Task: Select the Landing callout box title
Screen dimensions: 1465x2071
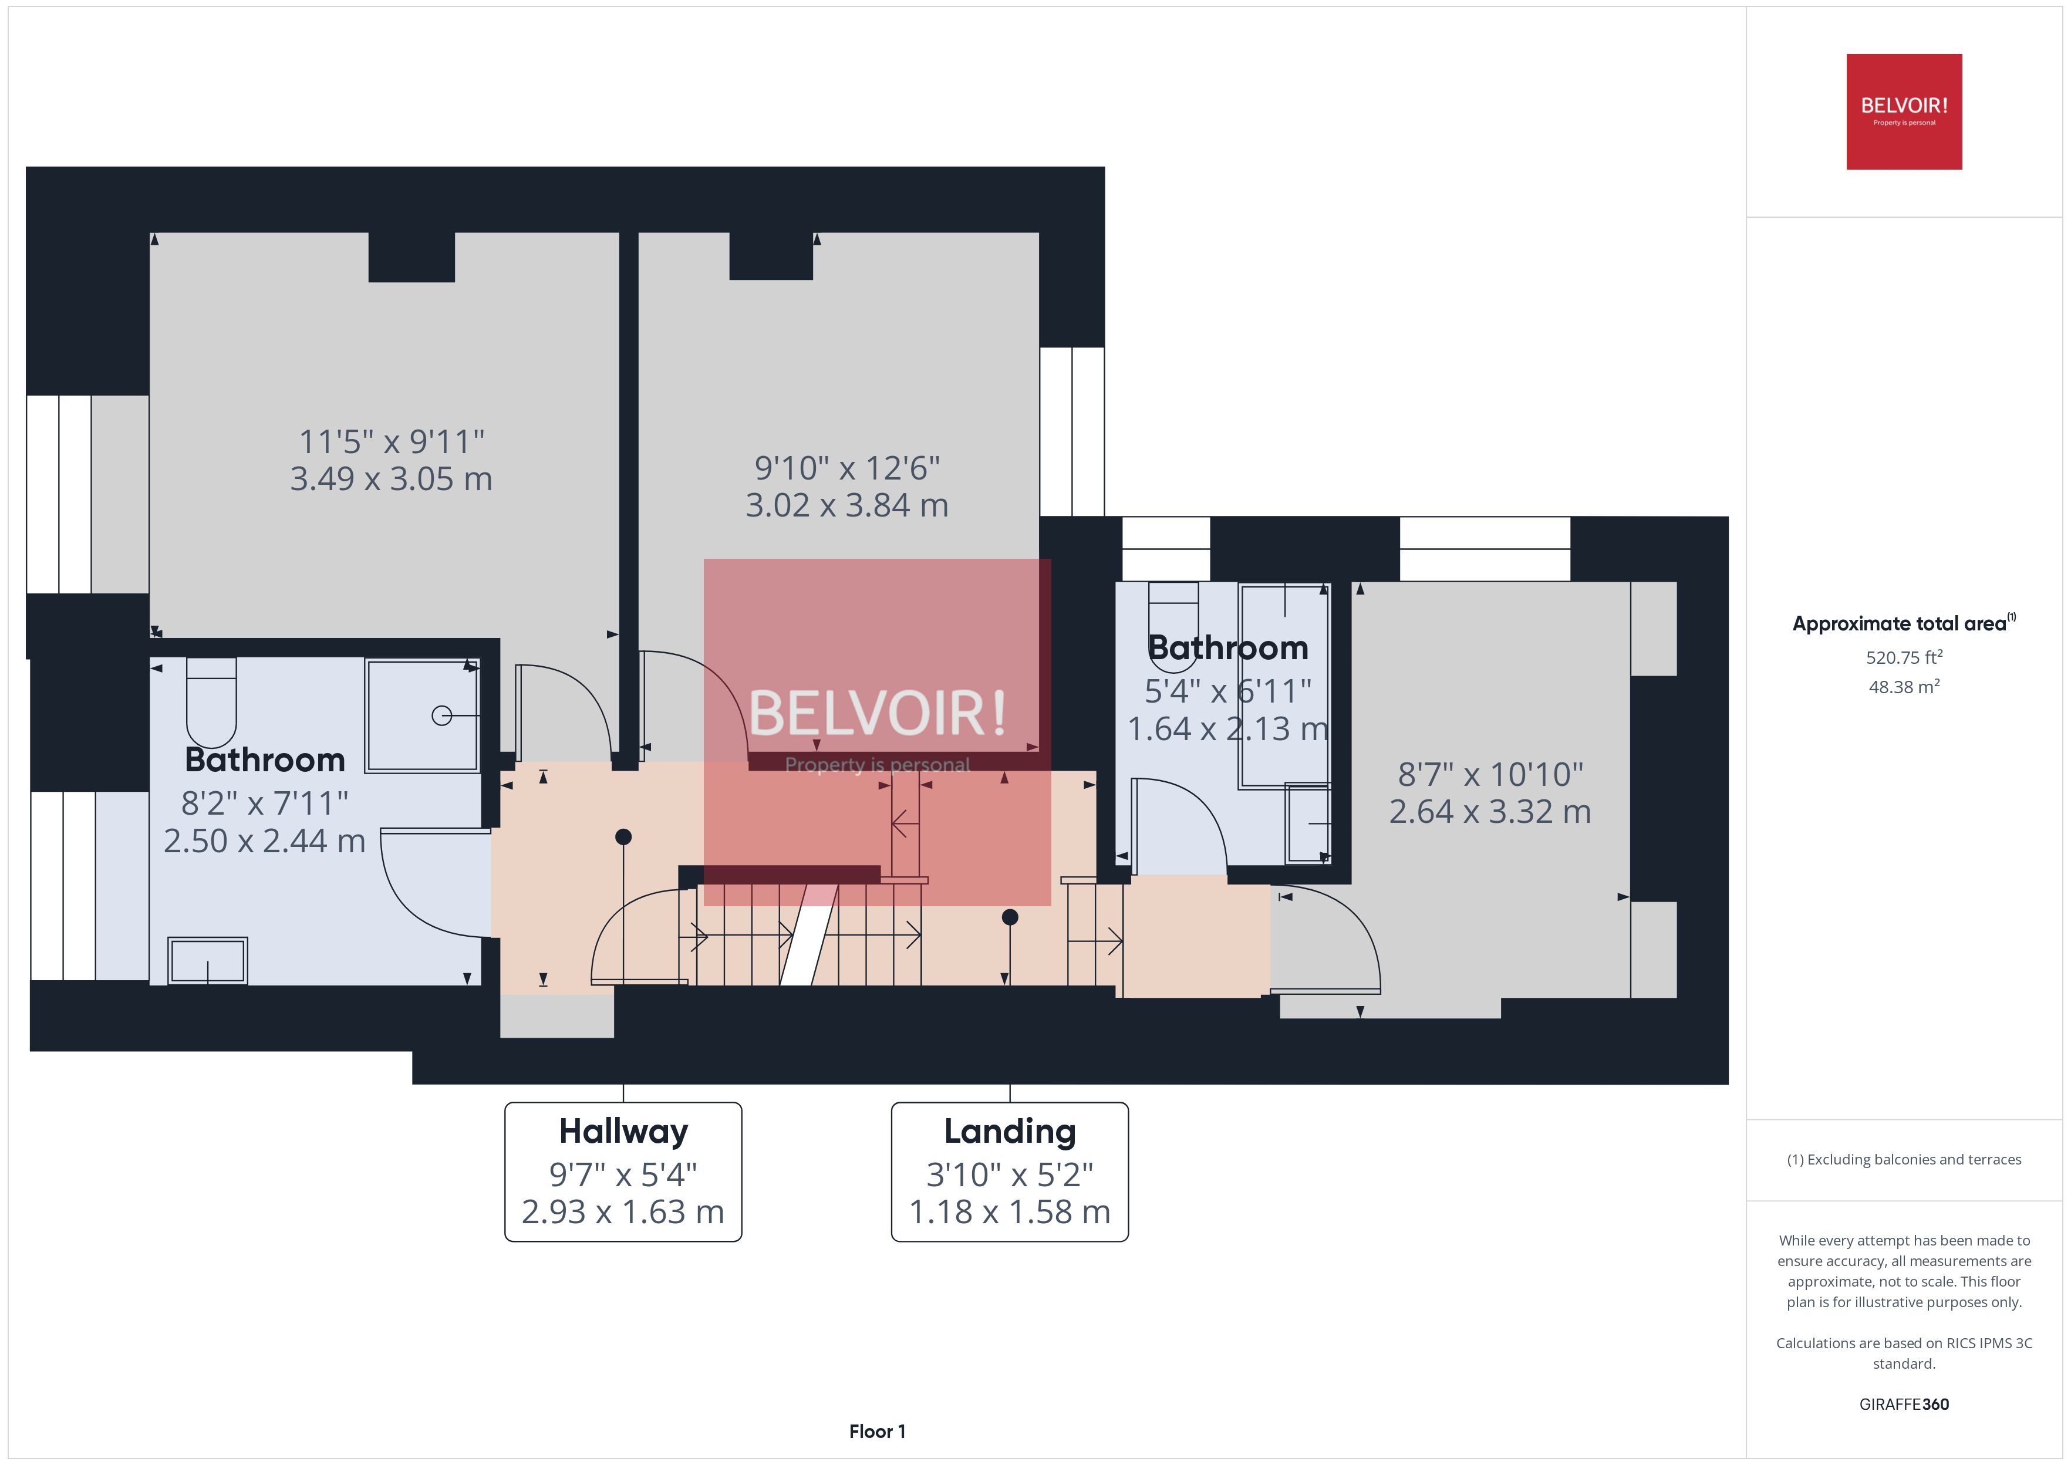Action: tap(1009, 1131)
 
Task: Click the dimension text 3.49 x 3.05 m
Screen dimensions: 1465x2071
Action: tap(390, 479)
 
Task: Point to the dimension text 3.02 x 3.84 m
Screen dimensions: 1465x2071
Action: tap(846, 505)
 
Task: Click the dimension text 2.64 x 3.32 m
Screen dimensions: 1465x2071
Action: tap(1489, 812)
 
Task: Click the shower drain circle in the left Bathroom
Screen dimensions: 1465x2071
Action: tap(441, 715)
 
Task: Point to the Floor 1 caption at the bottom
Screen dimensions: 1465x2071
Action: tap(877, 1431)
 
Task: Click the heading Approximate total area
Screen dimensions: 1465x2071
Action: tap(1900, 623)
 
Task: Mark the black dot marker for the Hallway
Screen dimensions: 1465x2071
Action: tap(623, 837)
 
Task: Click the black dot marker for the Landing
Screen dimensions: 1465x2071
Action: tap(1009, 917)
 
